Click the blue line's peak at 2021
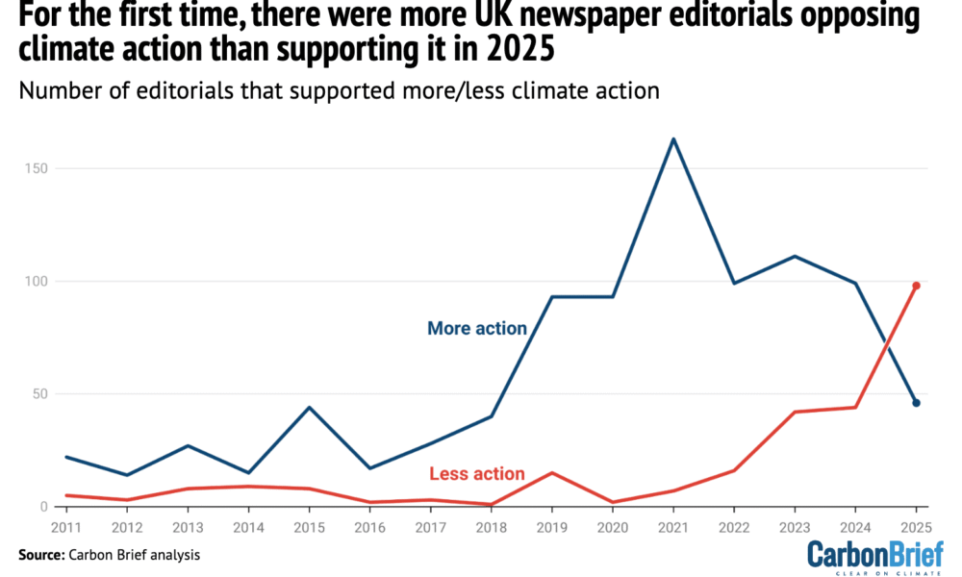pyautogui.click(x=673, y=138)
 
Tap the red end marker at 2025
pyautogui.click(x=916, y=286)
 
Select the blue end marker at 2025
pyautogui.click(x=916, y=403)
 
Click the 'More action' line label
pyautogui.click(x=476, y=329)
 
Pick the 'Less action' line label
pyautogui.click(x=477, y=474)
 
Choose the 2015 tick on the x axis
pyautogui.click(x=310, y=528)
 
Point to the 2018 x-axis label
pyautogui.click(x=492, y=528)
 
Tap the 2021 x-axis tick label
pyautogui.click(x=673, y=528)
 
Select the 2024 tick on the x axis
pyautogui.click(x=854, y=528)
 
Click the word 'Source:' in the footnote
pyautogui.click(x=41, y=555)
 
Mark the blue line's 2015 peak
pyautogui.click(x=310, y=407)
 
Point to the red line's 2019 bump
pyautogui.click(x=552, y=472)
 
